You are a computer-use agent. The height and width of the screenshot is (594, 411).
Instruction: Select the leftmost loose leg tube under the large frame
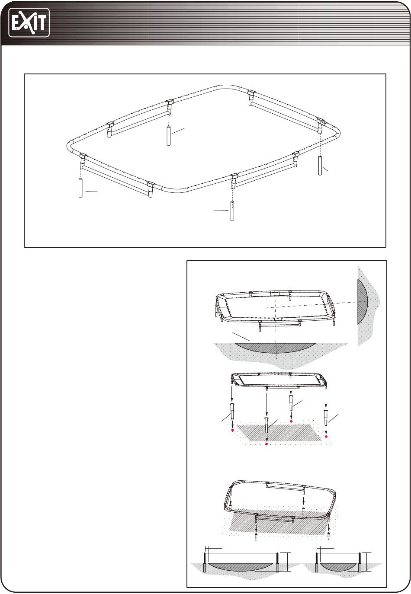click(80, 188)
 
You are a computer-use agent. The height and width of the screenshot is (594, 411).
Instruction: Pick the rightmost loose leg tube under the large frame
click(320, 166)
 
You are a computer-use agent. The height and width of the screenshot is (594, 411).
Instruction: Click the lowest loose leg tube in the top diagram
click(232, 211)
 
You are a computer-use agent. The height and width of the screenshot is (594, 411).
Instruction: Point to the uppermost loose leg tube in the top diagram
click(168, 136)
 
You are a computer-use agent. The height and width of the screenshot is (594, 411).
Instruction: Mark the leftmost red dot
click(233, 430)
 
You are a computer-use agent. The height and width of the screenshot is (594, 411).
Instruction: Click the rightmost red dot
click(326, 436)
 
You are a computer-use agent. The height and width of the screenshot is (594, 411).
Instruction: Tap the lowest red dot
click(267, 444)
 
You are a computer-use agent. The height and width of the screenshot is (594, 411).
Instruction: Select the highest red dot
click(291, 421)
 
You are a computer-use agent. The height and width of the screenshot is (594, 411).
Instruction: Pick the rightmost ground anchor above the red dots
click(326, 417)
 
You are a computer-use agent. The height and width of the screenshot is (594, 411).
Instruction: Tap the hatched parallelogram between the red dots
click(279, 433)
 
